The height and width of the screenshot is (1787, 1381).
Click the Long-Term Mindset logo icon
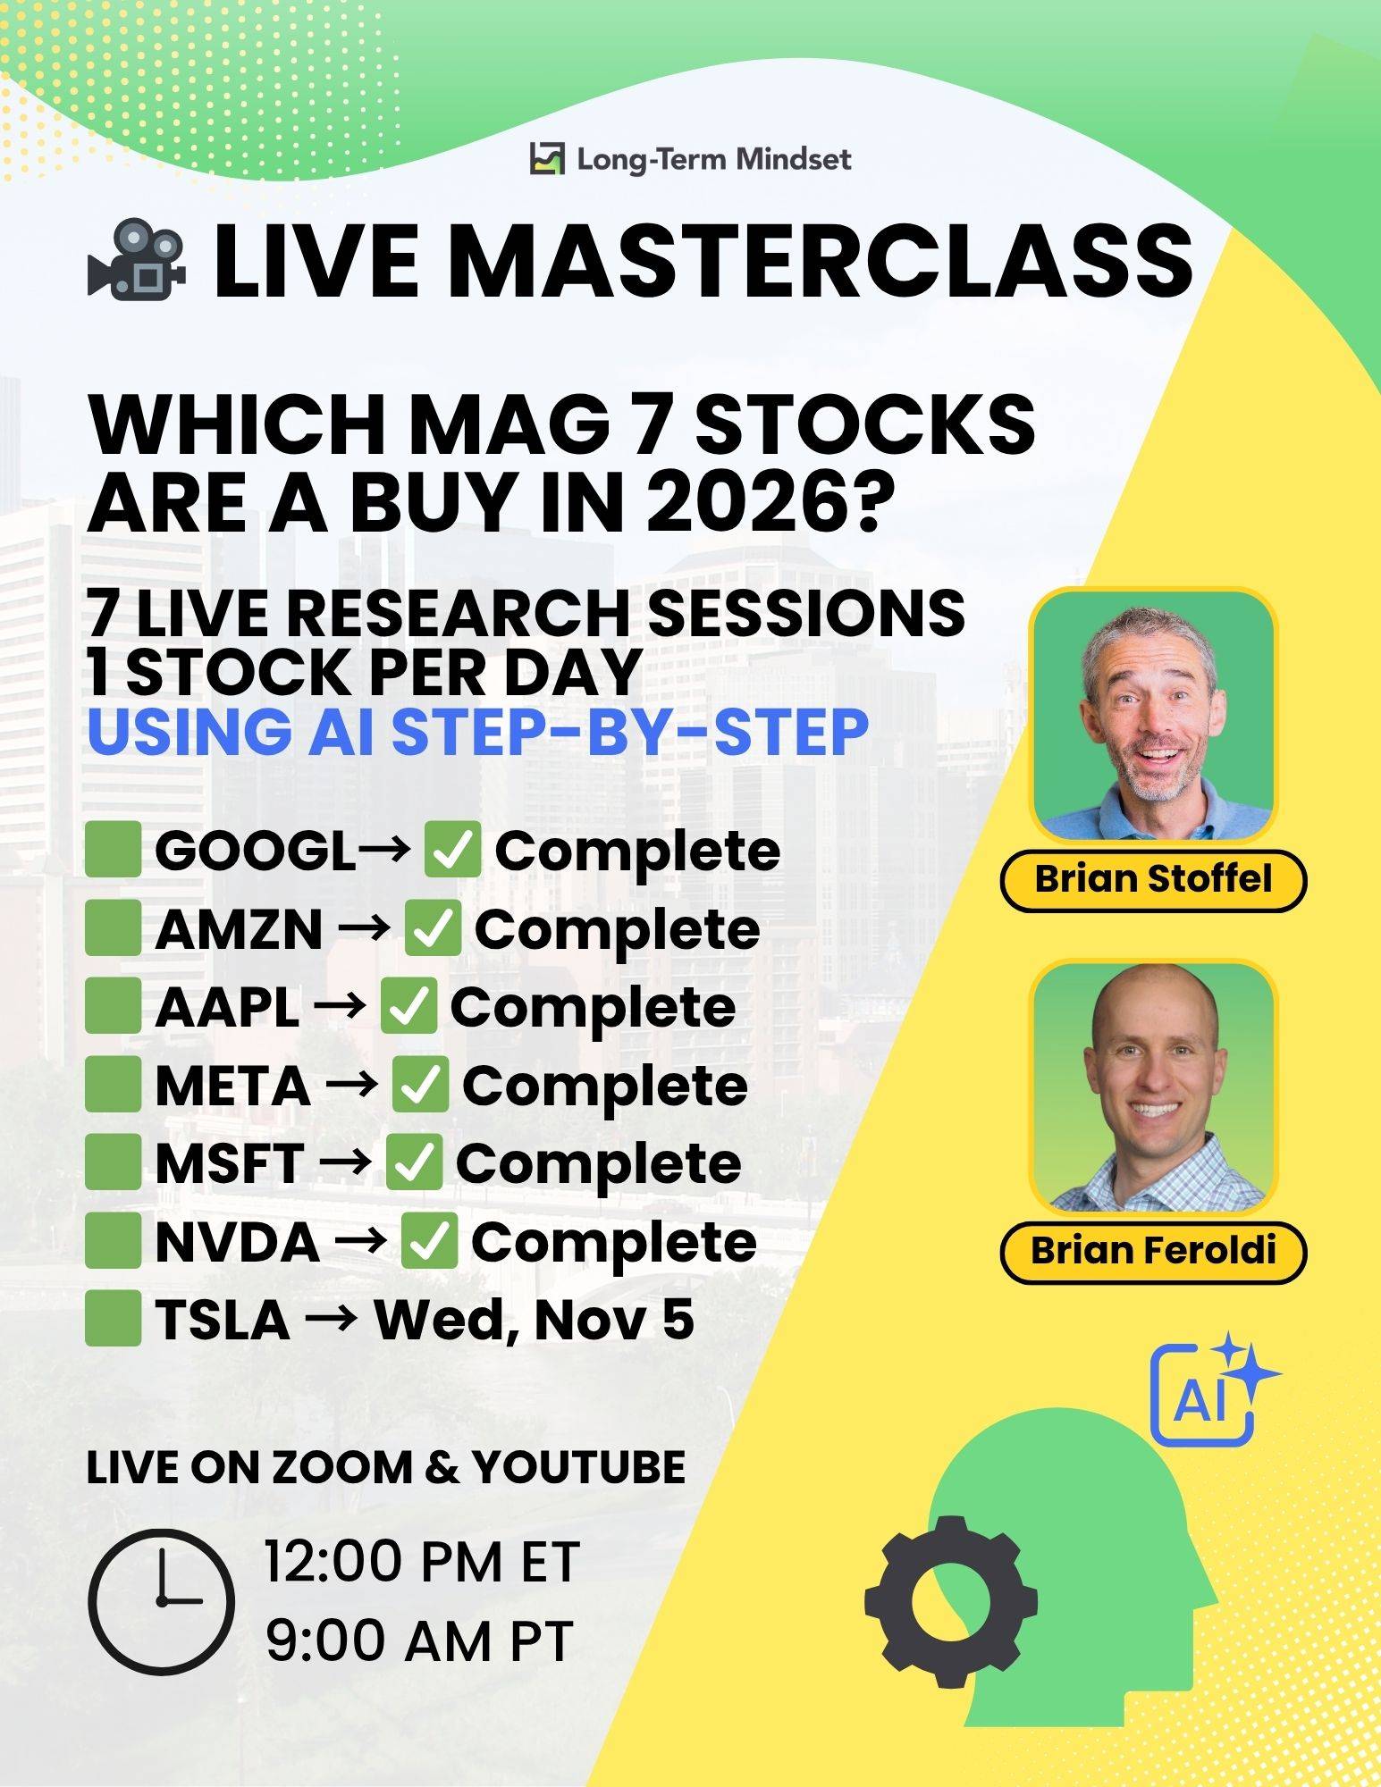click(547, 159)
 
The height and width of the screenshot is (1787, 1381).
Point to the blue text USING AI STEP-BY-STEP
click(478, 730)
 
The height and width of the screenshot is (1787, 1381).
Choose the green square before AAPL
click(114, 1006)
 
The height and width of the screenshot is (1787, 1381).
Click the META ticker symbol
click(232, 1086)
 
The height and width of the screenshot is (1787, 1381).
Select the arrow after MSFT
click(345, 1163)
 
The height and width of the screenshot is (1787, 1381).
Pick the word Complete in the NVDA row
click(613, 1242)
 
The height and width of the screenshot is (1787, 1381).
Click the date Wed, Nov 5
click(534, 1320)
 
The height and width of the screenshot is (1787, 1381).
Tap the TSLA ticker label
click(223, 1321)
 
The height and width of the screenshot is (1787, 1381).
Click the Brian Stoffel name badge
click(1153, 879)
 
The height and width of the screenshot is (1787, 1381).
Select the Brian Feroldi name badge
click(1153, 1251)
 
